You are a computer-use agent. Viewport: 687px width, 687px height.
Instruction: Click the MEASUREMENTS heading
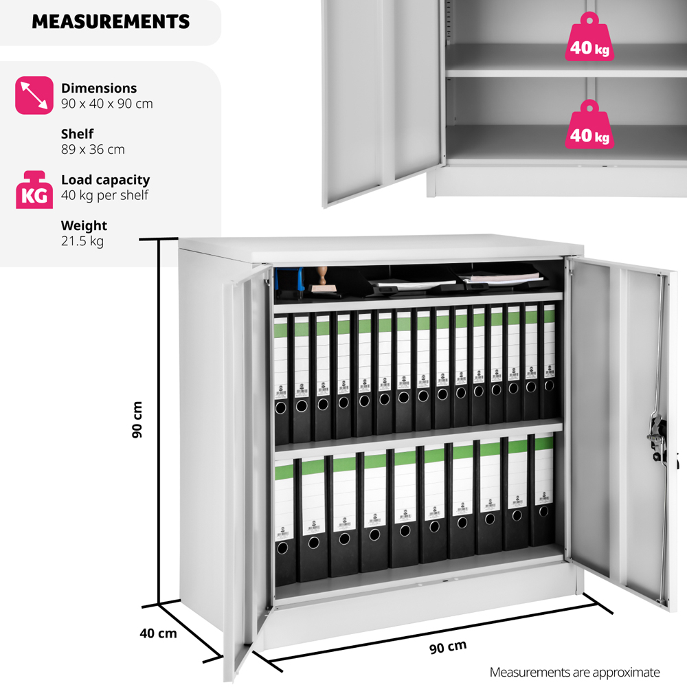coord(111,21)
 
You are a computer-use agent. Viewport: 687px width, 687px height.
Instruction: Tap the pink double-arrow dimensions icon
coord(34,95)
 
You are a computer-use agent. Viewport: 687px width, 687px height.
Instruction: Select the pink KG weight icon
coord(34,190)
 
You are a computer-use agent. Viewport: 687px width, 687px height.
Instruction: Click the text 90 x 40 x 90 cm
coord(107,104)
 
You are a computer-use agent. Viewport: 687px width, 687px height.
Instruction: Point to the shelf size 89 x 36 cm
coord(93,150)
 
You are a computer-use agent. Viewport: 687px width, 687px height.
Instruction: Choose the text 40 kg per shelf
coord(105,195)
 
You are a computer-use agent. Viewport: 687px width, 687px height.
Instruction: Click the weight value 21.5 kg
coord(82,241)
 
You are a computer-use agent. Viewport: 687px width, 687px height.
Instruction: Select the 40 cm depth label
coord(158,633)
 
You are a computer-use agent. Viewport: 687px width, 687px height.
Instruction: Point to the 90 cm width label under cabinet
coord(448,647)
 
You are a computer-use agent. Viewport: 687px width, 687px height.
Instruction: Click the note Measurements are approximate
coord(574,672)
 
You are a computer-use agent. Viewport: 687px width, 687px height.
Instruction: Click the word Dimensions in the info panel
coord(99,88)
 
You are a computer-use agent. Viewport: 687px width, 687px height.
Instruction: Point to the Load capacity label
coord(105,180)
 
